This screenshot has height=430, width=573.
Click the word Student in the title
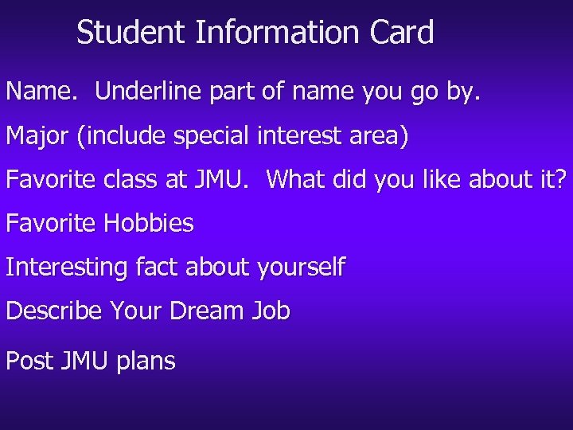tap(131, 33)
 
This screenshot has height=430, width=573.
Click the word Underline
tap(149, 92)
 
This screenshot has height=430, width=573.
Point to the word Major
tap(37, 136)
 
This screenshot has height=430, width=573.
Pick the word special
tap(212, 136)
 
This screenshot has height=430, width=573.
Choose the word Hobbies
tap(149, 223)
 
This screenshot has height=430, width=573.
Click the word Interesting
tap(66, 267)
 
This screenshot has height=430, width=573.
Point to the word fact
tap(156, 267)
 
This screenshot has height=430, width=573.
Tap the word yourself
tap(301, 268)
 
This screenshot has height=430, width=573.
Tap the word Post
tap(29, 361)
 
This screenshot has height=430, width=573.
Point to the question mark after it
tap(562, 179)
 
